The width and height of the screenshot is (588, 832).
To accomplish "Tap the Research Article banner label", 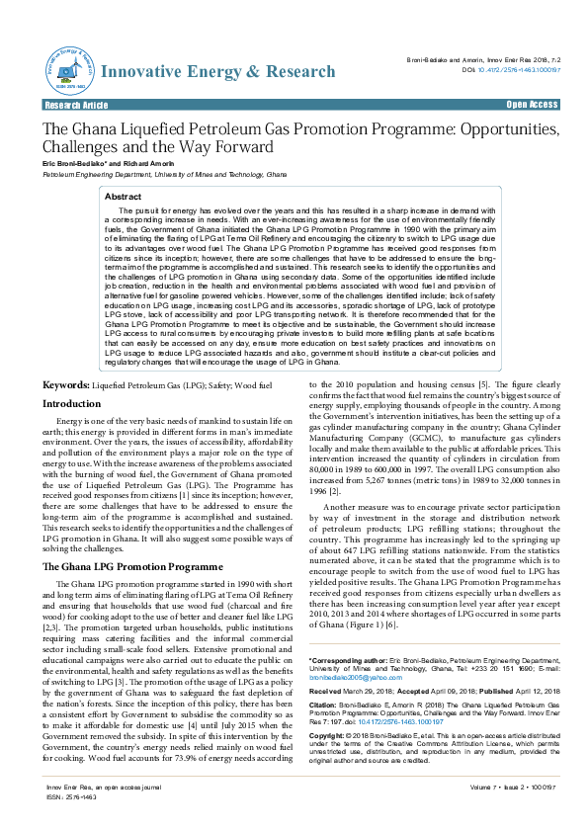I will [75, 105].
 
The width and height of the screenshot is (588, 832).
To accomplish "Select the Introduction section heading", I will [72, 404].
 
